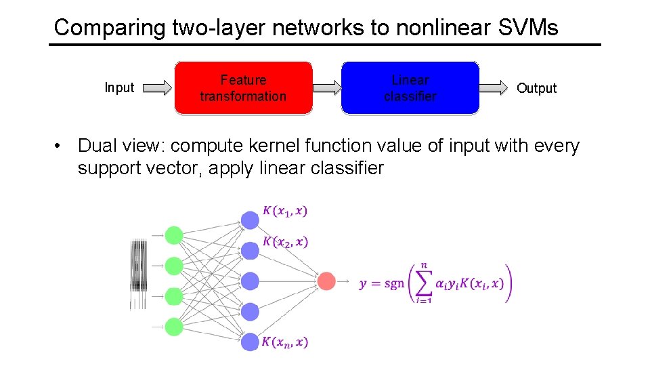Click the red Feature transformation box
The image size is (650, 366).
(243, 88)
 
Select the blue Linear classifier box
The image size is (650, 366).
(410, 88)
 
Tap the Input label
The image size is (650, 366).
(119, 87)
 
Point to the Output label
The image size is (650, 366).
(536, 88)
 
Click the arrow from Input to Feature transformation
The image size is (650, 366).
(158, 87)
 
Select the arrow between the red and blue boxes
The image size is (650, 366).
(326, 87)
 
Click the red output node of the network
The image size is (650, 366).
(326, 281)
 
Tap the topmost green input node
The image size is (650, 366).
(174, 235)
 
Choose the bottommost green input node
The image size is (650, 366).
(174, 327)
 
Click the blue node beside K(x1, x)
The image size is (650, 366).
(251, 220)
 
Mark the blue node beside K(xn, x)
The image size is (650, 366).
(251, 342)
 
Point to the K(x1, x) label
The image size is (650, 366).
(284, 211)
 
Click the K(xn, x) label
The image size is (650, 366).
(284, 342)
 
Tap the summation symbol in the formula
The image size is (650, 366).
(424, 283)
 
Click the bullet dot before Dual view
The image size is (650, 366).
(60, 146)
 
